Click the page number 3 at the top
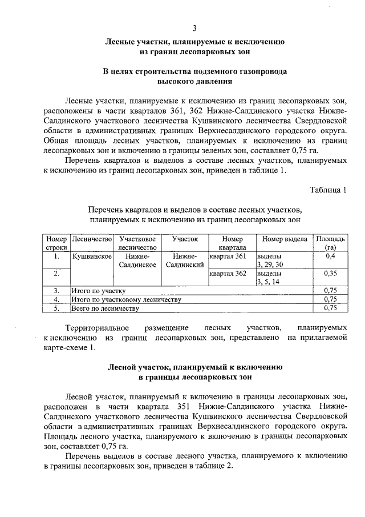pyautogui.click(x=194, y=29)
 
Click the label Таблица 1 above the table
pyautogui.click(x=328, y=190)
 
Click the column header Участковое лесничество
pyautogui.click(x=137, y=243)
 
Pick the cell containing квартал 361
pyautogui.click(x=228, y=257)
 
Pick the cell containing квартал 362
pyautogui.click(x=228, y=274)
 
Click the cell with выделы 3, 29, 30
pyautogui.click(x=270, y=260)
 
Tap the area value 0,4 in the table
pyautogui.click(x=330, y=257)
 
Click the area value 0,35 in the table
pyautogui.click(x=330, y=274)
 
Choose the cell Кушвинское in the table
pyautogui.click(x=91, y=257)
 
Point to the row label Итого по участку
pyautogui.click(x=98, y=291)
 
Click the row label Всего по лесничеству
pyautogui.click(x=105, y=308)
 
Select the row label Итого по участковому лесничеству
pyautogui.click(x=125, y=299)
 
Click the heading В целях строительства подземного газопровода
pyautogui.click(x=194, y=72)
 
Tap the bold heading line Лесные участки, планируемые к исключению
pyautogui.click(x=194, y=42)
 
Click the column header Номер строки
pyautogui.click(x=56, y=243)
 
